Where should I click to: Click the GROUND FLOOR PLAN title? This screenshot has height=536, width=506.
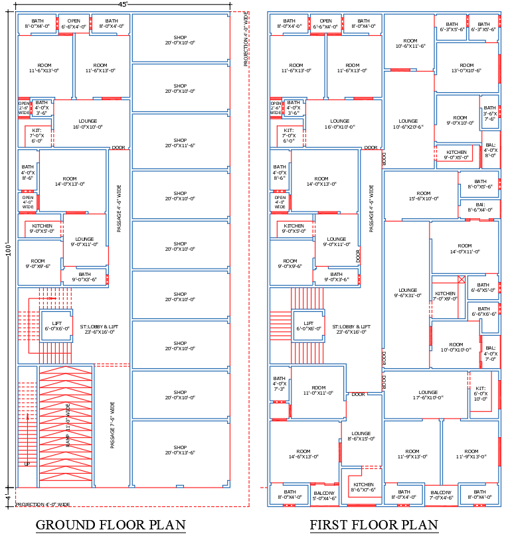(110, 525)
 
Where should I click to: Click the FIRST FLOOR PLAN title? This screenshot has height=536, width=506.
(374, 525)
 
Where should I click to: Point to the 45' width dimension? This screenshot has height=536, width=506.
(123, 4)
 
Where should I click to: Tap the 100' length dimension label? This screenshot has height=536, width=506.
(9, 251)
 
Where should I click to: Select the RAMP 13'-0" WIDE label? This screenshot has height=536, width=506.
(67, 424)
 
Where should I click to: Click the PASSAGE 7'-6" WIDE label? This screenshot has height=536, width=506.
(113, 425)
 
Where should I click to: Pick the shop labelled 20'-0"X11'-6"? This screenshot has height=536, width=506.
(181, 143)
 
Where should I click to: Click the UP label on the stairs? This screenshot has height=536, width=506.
(27, 464)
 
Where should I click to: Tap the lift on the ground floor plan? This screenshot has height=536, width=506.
(56, 326)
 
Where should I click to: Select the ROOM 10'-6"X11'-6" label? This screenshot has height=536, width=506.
(410, 43)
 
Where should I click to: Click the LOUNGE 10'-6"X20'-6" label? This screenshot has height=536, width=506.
(408, 124)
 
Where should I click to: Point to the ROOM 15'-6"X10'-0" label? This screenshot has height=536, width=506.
(420, 195)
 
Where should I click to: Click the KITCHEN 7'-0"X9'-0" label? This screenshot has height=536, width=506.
(445, 296)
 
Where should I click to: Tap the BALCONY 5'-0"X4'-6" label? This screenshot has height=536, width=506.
(324, 496)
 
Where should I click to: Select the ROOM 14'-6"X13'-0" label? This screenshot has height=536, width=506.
(303, 454)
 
